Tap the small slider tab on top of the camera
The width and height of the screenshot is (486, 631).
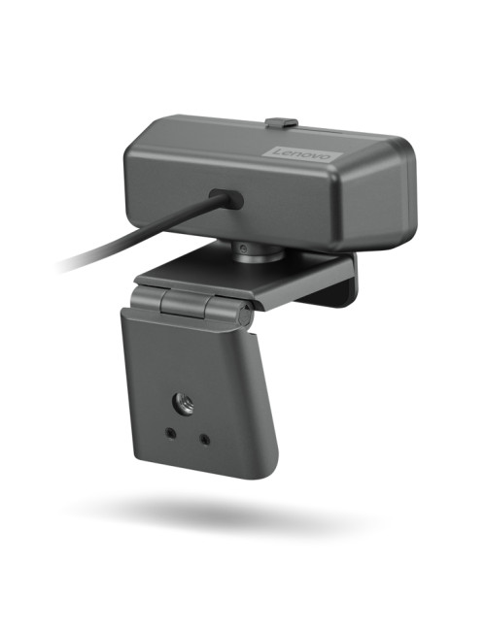coord(282,123)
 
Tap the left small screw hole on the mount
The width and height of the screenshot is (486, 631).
coord(171,434)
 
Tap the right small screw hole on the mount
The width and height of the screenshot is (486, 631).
coord(204,439)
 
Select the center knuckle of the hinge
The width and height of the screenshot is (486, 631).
coord(186,305)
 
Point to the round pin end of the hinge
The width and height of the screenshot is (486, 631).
coord(243,315)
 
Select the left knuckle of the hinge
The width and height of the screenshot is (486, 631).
coord(145,298)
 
